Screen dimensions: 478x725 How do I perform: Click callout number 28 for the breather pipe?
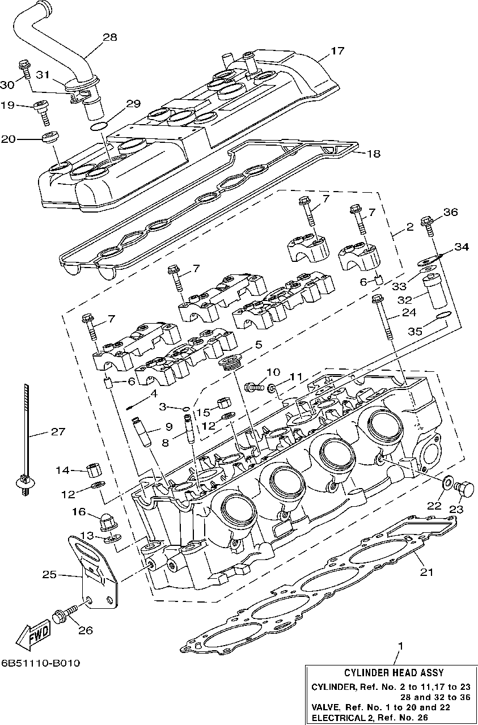pyautogui.click(x=109, y=37)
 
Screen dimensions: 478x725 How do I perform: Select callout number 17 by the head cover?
pyautogui.click(x=337, y=51)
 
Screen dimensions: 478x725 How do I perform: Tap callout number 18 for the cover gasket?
pyautogui.click(x=374, y=153)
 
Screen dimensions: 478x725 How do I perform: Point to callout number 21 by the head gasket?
pyautogui.click(x=426, y=572)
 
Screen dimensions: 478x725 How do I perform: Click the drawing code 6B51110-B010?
pyautogui.click(x=40, y=663)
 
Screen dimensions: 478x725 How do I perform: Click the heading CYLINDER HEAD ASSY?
pyautogui.click(x=394, y=673)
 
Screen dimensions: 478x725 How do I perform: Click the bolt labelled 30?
pyautogui.click(x=25, y=69)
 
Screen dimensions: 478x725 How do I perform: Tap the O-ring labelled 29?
pyautogui.click(x=98, y=126)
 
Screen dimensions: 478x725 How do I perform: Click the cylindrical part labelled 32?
pyautogui.click(x=435, y=291)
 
